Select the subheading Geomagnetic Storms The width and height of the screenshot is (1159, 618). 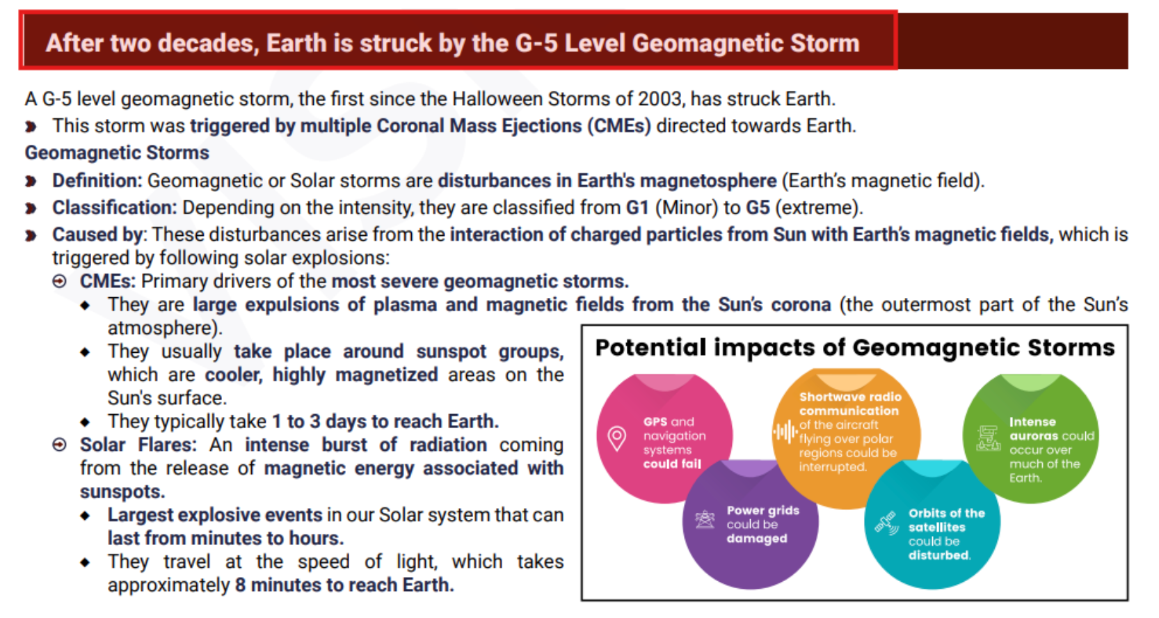(117, 152)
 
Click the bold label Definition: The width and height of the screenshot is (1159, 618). (97, 181)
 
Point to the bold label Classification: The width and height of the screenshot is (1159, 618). (114, 207)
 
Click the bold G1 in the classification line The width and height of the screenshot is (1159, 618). (637, 207)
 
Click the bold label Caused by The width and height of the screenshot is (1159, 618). (97, 235)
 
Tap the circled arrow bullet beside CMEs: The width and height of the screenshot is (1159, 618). (60, 281)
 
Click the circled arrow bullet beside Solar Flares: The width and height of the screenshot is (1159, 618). (60, 445)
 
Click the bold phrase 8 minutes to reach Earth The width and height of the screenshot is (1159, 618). (344, 585)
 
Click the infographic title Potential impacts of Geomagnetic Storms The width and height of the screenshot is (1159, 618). (855, 347)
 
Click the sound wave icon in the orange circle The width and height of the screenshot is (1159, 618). (785, 431)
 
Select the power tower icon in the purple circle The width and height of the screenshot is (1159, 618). (705, 519)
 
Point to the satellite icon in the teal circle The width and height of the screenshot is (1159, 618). (887, 523)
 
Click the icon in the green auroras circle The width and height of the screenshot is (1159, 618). (989, 438)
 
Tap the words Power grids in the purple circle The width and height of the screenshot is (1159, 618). (762, 510)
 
